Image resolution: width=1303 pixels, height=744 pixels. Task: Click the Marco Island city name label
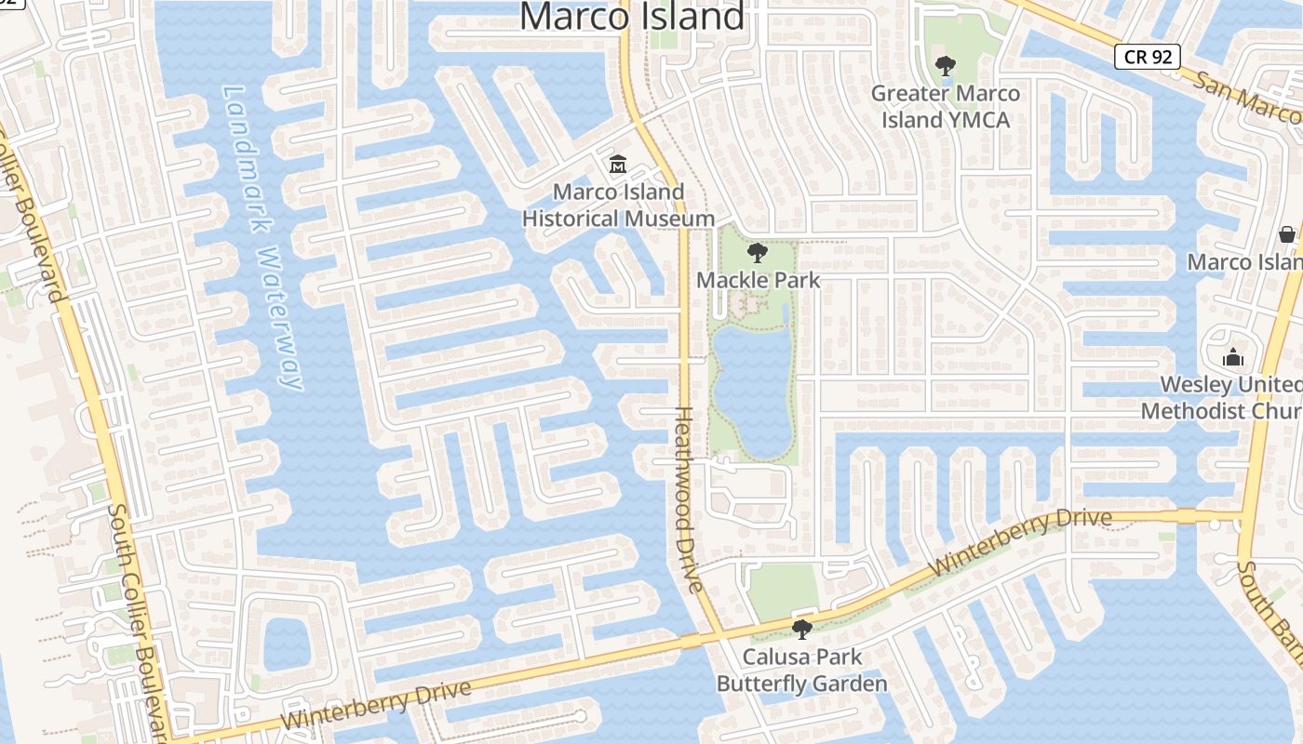pos(632,17)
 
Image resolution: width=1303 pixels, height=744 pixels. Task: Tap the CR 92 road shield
pos(1148,57)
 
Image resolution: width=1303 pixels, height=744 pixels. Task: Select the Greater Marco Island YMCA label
pos(946,106)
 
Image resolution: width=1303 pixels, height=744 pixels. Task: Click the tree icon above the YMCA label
pos(946,66)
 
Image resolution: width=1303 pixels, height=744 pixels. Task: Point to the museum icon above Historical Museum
pos(617,166)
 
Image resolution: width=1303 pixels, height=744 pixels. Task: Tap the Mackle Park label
pos(759,280)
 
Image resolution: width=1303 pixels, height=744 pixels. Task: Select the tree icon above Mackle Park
pos(758,252)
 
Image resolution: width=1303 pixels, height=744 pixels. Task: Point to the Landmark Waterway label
pos(263,237)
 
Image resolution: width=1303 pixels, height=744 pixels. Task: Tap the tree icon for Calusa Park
pos(801,630)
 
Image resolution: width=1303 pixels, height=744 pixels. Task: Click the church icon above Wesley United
pos(1233,357)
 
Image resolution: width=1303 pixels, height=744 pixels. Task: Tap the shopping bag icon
pos(1287,233)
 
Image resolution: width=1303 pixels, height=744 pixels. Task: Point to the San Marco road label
pos(1247,97)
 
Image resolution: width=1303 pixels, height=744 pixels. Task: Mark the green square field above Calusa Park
pos(783,591)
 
